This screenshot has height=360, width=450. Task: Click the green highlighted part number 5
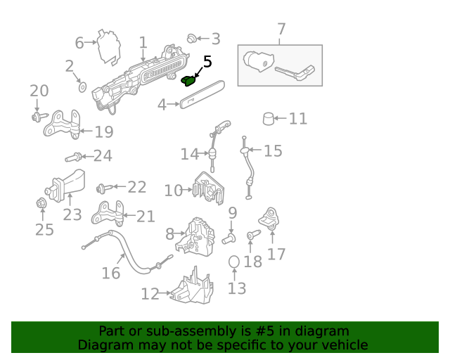[188, 82]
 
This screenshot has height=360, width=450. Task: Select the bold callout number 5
[207, 62]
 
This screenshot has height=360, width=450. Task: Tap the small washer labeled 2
[83, 87]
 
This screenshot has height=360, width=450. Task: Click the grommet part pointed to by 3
[191, 39]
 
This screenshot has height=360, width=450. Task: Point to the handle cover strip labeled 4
[202, 94]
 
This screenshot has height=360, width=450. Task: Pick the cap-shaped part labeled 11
[269, 119]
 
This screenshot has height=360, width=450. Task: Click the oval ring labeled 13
[234, 262]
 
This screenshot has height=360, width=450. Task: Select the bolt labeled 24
[73, 157]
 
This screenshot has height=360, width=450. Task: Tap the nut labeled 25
[41, 203]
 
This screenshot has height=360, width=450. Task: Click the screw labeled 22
[105, 188]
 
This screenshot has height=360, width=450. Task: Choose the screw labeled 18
[253, 235]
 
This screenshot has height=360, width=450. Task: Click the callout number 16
[111, 273]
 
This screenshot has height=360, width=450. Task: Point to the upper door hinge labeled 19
[62, 124]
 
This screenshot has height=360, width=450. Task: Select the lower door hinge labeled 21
[108, 213]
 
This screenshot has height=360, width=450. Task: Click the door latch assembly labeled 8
[195, 236]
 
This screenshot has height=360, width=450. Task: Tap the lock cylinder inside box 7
[258, 61]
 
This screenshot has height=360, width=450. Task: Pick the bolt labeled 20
[39, 117]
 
